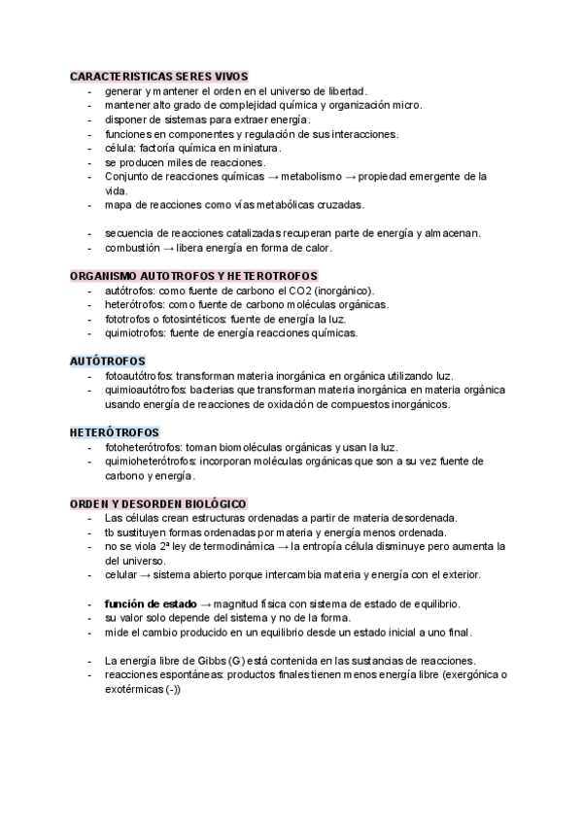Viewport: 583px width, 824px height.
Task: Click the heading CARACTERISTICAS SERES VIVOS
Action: click(x=158, y=76)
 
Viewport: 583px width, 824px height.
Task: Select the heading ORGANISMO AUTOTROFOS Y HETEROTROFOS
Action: click(x=194, y=276)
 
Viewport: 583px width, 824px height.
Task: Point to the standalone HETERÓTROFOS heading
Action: click(x=115, y=431)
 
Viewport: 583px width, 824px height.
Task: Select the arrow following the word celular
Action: click(x=142, y=574)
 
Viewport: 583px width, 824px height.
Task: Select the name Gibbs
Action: click(x=205, y=661)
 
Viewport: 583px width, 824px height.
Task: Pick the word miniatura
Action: click(x=249, y=148)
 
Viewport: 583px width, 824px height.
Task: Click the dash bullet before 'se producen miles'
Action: click(x=89, y=162)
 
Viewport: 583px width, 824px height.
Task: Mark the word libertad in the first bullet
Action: click(x=340, y=90)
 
